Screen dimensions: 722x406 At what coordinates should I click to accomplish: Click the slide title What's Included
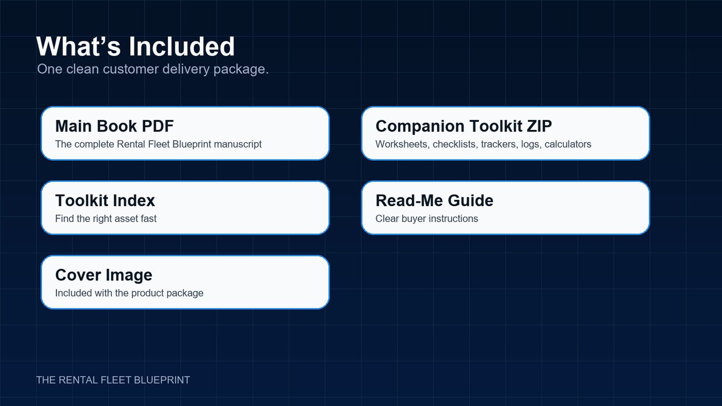[135, 46]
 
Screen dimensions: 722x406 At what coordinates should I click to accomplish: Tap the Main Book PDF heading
[115, 126]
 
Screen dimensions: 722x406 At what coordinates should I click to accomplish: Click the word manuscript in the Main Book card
[238, 144]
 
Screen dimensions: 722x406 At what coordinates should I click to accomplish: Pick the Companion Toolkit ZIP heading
[464, 126]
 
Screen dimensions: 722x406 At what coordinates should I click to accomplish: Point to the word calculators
[568, 144]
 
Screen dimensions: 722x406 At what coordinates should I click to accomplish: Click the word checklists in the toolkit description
[455, 144]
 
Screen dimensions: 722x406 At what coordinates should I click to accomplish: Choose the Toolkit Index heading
[105, 200]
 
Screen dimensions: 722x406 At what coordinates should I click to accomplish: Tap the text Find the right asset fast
[106, 219]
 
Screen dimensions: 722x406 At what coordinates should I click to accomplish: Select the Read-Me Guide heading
[435, 200]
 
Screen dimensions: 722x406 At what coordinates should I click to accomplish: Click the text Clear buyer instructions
[427, 219]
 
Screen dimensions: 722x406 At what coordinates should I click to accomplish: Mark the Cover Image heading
[103, 275]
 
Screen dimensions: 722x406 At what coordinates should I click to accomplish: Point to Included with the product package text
[129, 293]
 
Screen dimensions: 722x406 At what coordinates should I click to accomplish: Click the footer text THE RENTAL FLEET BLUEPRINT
[113, 380]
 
